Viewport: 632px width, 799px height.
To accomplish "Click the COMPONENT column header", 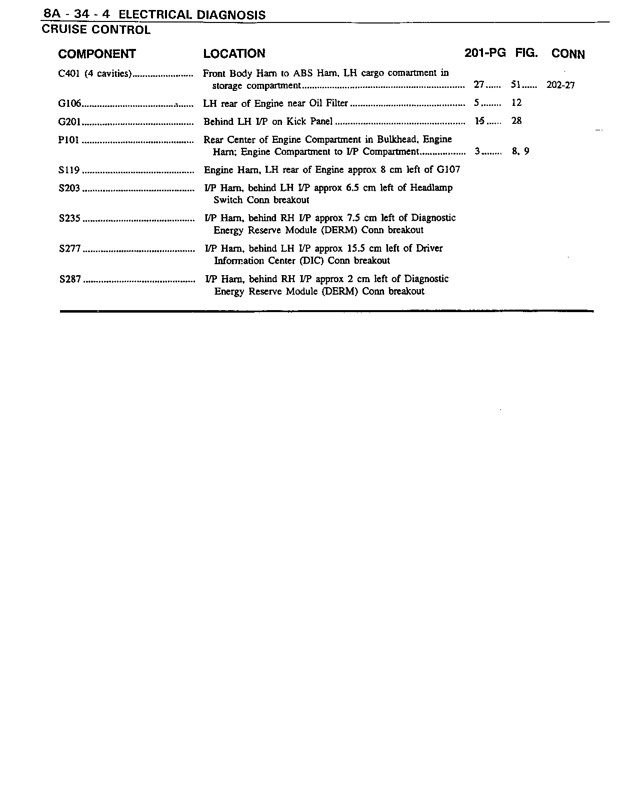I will (x=97, y=54).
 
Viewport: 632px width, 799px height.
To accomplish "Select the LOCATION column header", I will (x=234, y=53).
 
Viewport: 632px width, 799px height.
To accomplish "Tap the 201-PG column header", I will (x=484, y=53).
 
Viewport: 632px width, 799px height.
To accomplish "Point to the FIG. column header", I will (x=526, y=53).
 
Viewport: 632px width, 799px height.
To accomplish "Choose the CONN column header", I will (x=568, y=54).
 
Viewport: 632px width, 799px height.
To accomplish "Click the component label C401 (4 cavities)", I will (x=94, y=74).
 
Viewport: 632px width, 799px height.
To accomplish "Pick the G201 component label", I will (x=69, y=122).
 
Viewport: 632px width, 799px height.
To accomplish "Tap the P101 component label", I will (x=69, y=140).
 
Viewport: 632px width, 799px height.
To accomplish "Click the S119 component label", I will (x=69, y=170).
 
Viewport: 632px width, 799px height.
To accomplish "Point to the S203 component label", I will (x=69, y=188).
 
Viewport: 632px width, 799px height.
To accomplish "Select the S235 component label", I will (x=69, y=218).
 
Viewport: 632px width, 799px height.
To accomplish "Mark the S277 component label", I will (x=69, y=249).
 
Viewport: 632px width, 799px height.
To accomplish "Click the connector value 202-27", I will (x=560, y=85).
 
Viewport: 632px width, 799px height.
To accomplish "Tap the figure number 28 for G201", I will (x=516, y=121).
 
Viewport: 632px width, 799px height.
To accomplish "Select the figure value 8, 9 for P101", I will (x=520, y=151).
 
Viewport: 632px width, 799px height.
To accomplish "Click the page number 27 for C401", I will (x=478, y=85).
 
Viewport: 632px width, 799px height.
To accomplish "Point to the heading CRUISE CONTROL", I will (x=96, y=30).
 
